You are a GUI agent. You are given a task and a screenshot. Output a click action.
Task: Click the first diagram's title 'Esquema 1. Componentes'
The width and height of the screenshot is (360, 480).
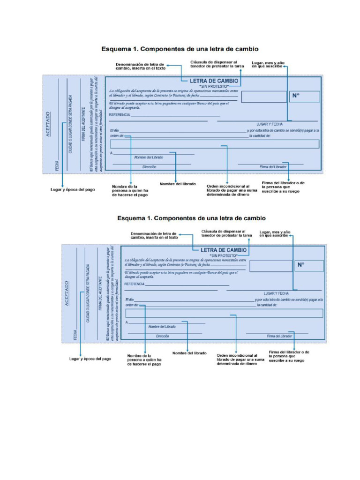180,49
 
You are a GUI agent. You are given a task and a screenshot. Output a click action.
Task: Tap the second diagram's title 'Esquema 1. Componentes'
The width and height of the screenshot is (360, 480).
191,218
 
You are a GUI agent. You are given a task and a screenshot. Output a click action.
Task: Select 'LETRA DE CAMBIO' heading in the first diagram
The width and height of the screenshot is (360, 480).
213,81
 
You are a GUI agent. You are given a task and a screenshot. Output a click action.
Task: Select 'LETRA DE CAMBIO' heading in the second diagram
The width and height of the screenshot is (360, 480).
224,250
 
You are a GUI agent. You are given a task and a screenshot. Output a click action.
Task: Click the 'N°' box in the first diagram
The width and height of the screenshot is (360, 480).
305,96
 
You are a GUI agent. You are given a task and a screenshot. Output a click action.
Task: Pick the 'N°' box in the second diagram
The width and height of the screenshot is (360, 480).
309,265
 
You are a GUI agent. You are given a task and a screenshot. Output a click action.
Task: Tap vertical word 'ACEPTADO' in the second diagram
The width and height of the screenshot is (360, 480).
67,293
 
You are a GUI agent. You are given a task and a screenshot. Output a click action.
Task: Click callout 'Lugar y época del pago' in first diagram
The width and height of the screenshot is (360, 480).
72,190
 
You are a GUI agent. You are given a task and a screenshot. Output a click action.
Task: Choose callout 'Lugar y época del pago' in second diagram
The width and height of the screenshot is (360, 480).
90,359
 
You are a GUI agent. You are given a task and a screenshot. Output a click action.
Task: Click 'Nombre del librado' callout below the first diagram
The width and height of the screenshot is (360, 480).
178,184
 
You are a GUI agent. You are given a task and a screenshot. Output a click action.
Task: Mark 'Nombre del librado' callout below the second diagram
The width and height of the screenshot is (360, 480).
189,353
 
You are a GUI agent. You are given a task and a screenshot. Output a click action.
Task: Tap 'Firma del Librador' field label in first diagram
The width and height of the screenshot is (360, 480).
273,167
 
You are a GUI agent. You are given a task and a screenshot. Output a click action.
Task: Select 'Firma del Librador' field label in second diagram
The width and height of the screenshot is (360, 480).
279,336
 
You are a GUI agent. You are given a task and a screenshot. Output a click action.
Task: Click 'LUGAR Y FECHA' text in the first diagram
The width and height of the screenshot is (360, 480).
270,124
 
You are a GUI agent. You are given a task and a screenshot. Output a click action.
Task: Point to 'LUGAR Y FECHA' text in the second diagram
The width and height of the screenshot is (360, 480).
276,293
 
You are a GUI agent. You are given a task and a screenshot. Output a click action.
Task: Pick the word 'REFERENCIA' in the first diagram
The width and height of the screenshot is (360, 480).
120,115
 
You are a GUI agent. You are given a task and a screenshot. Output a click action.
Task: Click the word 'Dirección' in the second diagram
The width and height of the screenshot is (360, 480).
162,336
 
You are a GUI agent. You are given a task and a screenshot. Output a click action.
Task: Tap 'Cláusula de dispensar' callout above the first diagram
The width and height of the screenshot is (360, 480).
217,64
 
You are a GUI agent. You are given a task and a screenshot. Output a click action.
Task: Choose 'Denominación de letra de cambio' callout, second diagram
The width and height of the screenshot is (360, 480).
154,235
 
